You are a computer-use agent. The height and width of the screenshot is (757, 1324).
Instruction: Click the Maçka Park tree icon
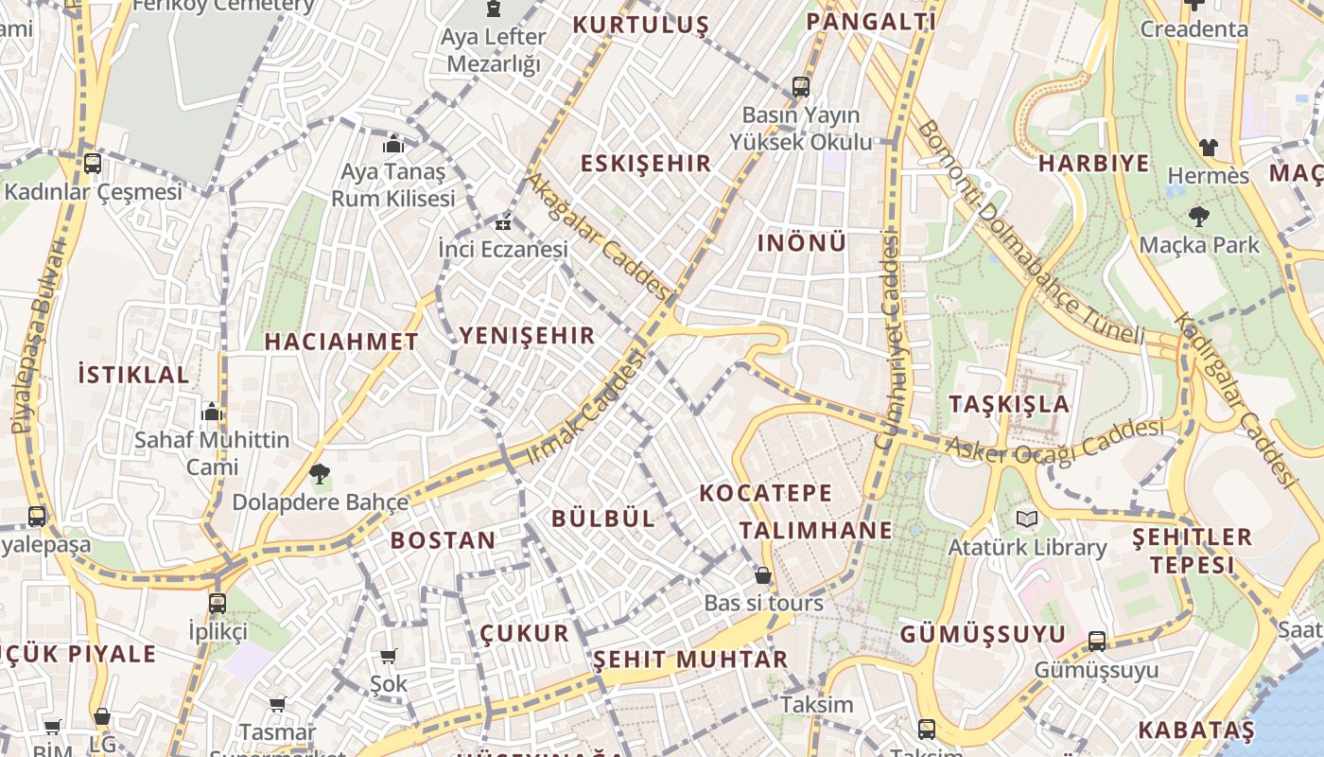click(x=1198, y=217)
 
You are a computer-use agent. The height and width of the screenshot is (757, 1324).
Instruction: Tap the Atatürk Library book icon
click(x=1027, y=519)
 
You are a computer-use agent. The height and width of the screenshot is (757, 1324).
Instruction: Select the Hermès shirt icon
click(x=1209, y=147)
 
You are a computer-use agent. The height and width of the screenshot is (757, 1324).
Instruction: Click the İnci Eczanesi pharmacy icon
click(x=503, y=223)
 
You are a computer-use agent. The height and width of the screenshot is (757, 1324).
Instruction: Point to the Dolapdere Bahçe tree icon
click(x=320, y=473)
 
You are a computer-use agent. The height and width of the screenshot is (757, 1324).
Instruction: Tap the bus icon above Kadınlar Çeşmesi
click(x=93, y=163)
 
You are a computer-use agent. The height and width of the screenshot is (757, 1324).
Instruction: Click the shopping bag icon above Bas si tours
click(x=762, y=575)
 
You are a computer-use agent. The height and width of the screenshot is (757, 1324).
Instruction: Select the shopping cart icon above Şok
click(x=388, y=656)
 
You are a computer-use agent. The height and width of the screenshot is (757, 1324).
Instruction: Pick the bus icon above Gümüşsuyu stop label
click(x=1097, y=641)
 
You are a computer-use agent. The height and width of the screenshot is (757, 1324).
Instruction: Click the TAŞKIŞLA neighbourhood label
click(x=1009, y=404)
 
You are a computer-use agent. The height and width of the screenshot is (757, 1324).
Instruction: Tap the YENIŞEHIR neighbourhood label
click(x=527, y=335)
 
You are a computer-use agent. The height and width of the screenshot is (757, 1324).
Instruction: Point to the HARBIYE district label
click(x=1093, y=163)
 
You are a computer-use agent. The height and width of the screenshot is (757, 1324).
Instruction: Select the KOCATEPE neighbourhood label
click(x=766, y=493)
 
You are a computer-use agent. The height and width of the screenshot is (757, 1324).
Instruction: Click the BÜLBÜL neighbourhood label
click(x=602, y=518)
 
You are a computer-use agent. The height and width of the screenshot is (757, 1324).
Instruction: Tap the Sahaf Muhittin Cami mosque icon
click(x=212, y=412)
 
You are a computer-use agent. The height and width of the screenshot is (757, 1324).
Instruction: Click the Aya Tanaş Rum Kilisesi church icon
click(x=393, y=144)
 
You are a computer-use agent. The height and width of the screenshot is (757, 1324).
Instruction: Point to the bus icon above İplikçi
click(x=218, y=603)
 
